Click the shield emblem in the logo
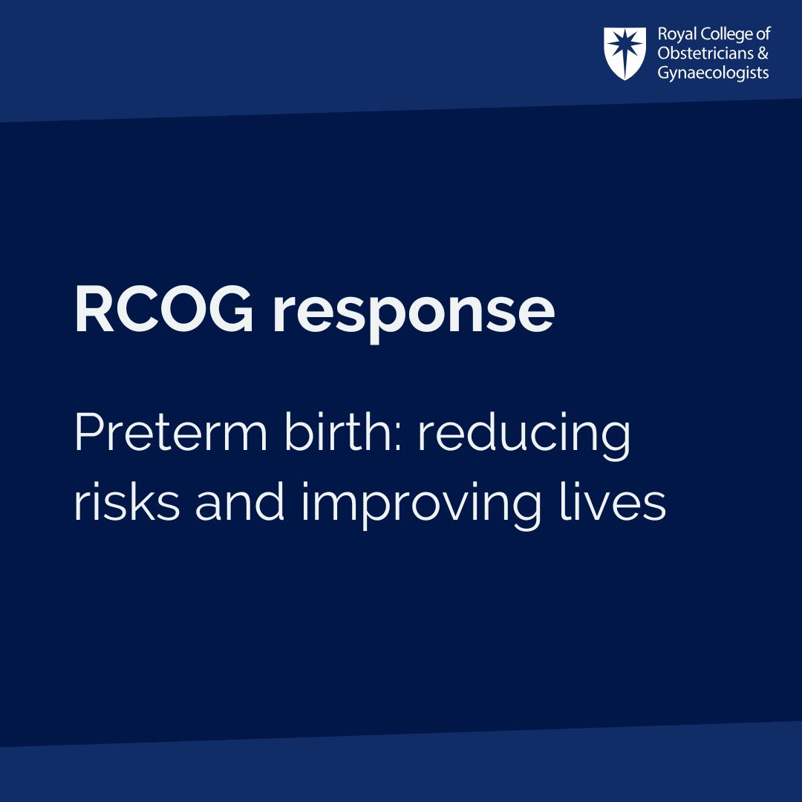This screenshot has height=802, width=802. tap(625, 53)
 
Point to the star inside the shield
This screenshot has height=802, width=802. tap(625, 49)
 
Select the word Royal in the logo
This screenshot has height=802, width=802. tap(674, 35)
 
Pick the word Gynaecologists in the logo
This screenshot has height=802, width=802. tap(713, 73)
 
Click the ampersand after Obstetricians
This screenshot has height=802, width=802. tap(762, 53)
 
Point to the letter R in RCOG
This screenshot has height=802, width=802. tap(91, 310)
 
